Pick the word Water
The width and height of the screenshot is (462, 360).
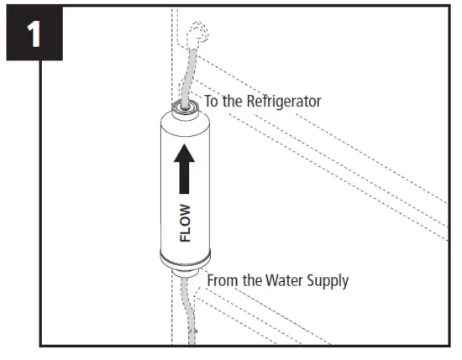pos(288,279)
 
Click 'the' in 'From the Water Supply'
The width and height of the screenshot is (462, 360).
pos(255,279)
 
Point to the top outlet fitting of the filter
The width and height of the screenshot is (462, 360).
pos(184,107)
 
